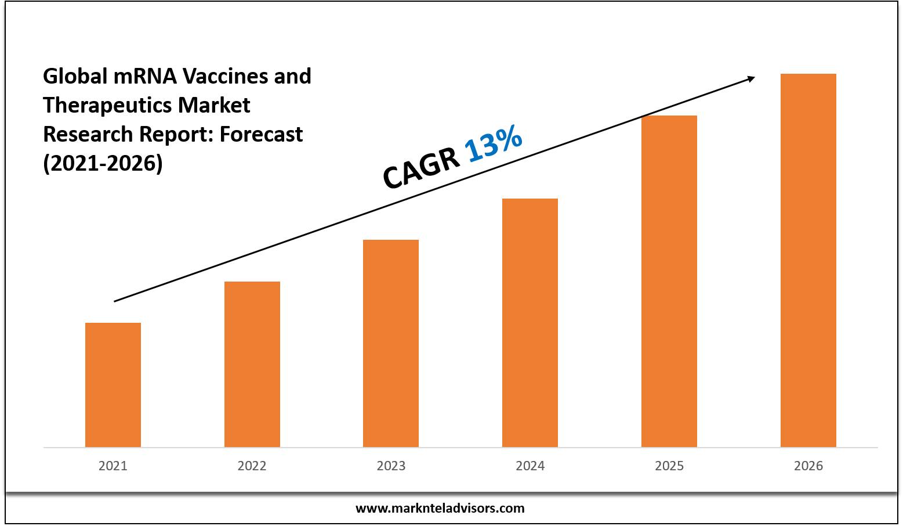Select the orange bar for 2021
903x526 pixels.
(x=113, y=384)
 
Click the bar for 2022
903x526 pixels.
(x=252, y=364)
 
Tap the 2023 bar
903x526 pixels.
(x=391, y=343)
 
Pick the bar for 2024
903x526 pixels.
(x=530, y=323)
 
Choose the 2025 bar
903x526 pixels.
(x=669, y=281)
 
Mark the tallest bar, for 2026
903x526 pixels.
(x=808, y=260)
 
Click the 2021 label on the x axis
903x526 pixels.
(x=113, y=466)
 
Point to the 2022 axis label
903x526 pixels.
(x=252, y=466)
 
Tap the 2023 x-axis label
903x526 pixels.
(x=391, y=466)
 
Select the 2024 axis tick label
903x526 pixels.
(x=530, y=466)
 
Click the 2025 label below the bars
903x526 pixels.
(x=669, y=466)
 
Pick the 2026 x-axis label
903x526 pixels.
(x=808, y=466)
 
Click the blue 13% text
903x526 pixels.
(x=494, y=144)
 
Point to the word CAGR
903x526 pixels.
(x=420, y=169)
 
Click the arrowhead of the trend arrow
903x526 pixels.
(x=751, y=78)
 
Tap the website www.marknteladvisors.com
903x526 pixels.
(x=440, y=509)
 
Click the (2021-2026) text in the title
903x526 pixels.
(x=103, y=163)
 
